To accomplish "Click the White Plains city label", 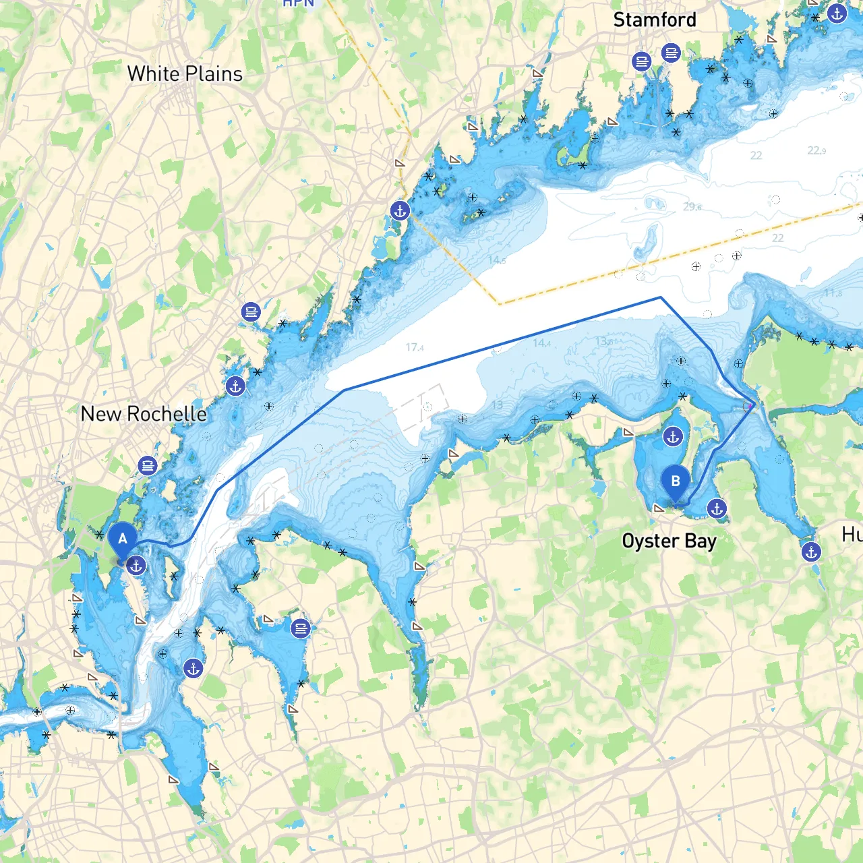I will point(185,73).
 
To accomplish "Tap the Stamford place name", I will point(654,20).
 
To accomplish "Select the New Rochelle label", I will point(144,413).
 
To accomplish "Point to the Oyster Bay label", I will point(669,541).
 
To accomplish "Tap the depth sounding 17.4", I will point(414,347).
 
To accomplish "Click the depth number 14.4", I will point(541,343).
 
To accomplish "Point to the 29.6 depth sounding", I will point(692,206).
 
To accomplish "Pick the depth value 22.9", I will point(816,150).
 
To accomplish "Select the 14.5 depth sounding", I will point(497,260).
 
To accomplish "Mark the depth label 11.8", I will point(833,293).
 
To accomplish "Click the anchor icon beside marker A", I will point(136,566).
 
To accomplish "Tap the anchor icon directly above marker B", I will point(673,437).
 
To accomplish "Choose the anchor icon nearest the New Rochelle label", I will point(235,386).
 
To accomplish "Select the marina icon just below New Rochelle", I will point(147,465).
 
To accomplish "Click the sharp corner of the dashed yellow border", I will point(499,304).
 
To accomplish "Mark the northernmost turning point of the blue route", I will point(661,297).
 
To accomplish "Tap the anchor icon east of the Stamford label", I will point(837,13).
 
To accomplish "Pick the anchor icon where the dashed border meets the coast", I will point(400,210).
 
